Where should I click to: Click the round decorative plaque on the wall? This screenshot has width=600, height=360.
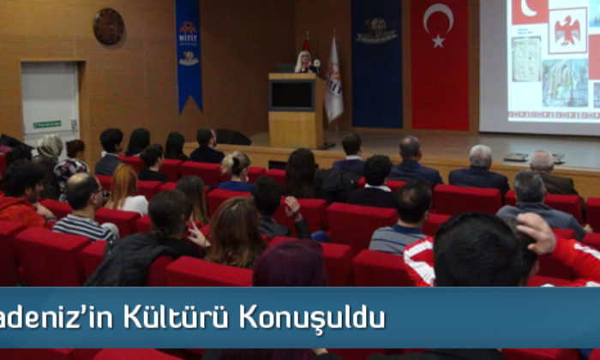109,27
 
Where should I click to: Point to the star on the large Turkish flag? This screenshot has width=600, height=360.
438,39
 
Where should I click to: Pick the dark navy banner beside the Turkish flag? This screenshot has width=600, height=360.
376,64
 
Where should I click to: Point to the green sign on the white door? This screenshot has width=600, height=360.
47,125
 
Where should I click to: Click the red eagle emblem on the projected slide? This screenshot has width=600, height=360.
567,30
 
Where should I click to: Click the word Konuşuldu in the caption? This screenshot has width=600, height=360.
312,318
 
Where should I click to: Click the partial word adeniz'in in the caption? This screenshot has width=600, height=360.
57,318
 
